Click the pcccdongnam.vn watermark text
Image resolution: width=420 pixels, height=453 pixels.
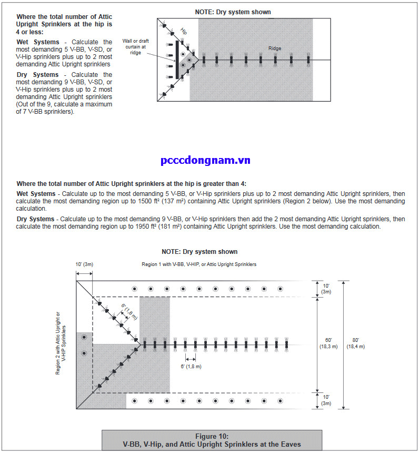[x=205, y=160]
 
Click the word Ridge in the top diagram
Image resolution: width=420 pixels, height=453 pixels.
[x=275, y=48]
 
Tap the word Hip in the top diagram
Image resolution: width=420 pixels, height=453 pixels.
[x=184, y=31]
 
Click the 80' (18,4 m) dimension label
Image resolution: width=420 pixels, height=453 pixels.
[x=355, y=343]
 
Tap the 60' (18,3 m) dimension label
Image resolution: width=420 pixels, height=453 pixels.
[x=326, y=343]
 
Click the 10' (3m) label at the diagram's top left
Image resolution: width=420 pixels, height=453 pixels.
[x=84, y=263]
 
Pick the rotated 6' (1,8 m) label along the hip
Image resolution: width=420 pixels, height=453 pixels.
[x=128, y=312]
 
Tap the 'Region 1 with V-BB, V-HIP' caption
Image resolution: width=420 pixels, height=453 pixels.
[x=199, y=264]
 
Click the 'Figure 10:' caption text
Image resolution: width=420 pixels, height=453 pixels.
[x=212, y=436]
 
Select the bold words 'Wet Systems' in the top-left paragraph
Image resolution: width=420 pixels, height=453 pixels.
[x=38, y=42]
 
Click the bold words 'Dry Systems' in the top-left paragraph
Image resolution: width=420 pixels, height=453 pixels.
[x=38, y=75]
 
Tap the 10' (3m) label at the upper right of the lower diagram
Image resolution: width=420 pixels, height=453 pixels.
[x=326, y=288]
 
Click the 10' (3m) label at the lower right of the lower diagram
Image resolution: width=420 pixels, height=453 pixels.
[x=326, y=400]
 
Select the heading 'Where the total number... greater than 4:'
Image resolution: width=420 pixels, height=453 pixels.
[x=132, y=183]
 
